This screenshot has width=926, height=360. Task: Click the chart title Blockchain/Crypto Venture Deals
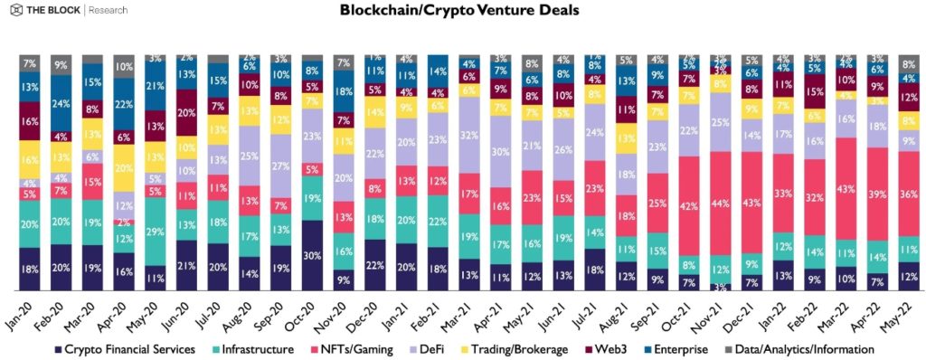[460, 12]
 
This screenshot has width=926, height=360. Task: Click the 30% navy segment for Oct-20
[312, 255]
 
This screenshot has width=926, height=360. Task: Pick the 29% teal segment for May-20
[155, 232]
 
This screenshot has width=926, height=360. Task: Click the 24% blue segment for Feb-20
[61, 103]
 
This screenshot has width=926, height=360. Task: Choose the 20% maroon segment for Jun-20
[186, 113]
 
